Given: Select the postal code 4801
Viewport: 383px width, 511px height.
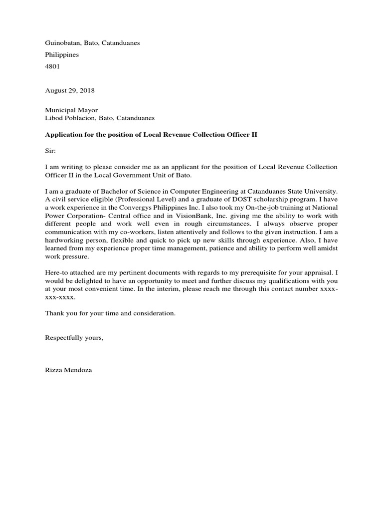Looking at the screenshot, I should (52, 66).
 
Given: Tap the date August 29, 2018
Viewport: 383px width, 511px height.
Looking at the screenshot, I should (70, 91).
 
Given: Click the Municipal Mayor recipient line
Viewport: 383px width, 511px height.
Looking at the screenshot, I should (71, 110).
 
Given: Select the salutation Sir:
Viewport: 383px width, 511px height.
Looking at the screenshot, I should (51, 150).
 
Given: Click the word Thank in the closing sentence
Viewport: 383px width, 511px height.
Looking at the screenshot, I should (55, 313).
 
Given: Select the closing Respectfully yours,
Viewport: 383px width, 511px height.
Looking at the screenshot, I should (74, 338).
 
